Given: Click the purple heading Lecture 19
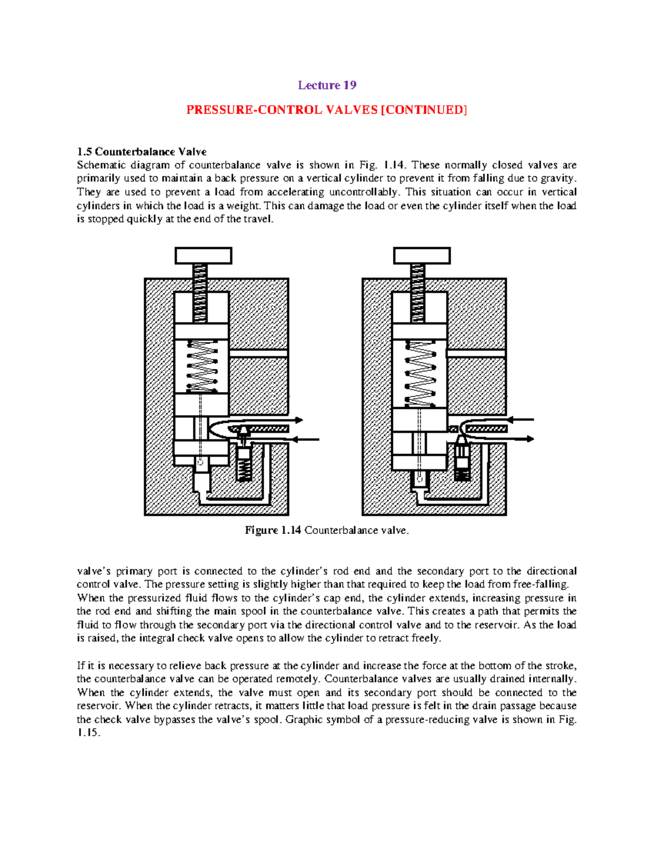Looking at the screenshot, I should click(x=327, y=85).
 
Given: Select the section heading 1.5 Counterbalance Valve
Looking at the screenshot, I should click(x=142, y=151).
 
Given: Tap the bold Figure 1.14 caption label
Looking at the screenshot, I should click(x=272, y=530).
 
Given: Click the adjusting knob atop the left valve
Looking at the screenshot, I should click(x=203, y=255).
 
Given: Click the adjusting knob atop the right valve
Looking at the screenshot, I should click(x=422, y=255).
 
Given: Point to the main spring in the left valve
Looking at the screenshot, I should click(x=201, y=366).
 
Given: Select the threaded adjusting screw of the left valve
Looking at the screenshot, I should click(x=200, y=293).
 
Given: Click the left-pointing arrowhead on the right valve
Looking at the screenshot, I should click(x=511, y=419).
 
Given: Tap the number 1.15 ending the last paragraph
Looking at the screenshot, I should click(x=88, y=733).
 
